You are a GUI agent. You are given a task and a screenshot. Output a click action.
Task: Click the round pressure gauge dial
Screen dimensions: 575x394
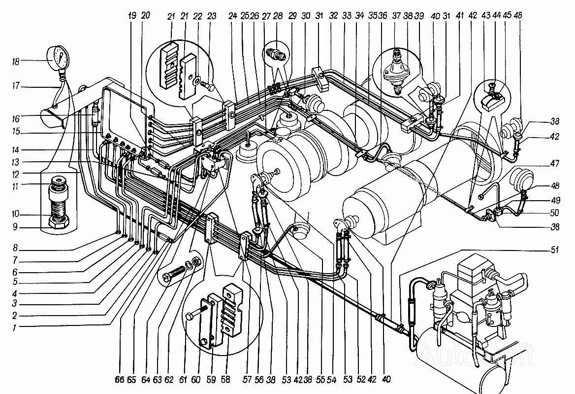tap(58, 57)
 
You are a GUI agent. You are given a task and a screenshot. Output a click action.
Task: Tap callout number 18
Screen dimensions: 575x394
tap(15, 61)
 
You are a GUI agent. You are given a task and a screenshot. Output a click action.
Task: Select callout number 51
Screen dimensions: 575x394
tap(554, 250)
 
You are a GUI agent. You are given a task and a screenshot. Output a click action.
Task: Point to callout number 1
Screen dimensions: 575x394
tap(14, 327)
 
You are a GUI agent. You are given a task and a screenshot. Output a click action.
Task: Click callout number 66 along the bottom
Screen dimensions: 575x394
tap(120, 380)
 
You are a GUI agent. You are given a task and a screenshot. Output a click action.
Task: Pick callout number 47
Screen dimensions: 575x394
tap(554, 163)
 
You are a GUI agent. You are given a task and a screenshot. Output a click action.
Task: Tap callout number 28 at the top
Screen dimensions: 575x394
tap(278, 16)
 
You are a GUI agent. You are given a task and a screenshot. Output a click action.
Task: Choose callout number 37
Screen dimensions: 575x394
tap(396, 16)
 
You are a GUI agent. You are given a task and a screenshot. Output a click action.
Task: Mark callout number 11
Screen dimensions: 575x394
tap(15, 186)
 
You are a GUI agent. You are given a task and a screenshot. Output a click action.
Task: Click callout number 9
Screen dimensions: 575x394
tap(15, 227)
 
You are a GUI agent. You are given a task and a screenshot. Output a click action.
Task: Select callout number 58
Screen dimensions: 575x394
tap(225, 380)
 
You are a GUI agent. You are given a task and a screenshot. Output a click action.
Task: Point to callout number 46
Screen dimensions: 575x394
tap(518, 15)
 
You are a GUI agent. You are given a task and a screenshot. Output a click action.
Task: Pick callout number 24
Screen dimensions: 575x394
tap(232, 16)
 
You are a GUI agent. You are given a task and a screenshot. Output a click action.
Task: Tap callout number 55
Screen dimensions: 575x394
tap(320, 380)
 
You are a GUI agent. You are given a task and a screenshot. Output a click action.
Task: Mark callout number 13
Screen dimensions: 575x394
tap(15, 162)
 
